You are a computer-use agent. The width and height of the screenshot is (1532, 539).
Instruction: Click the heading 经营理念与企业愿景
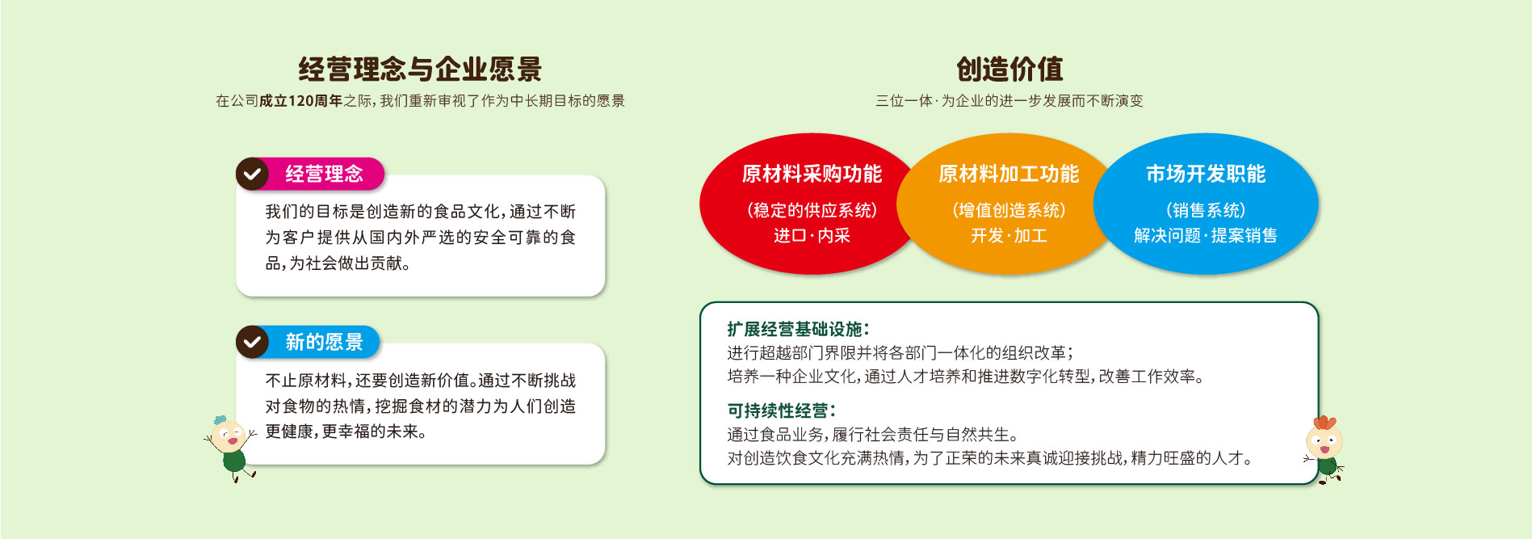pyautogui.click(x=420, y=69)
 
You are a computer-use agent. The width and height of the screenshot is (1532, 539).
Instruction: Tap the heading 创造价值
pyautogui.click(x=1009, y=69)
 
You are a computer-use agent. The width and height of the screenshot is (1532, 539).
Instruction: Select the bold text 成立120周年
pyautogui.click(x=300, y=101)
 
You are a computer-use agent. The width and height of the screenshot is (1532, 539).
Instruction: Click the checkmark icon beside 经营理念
pyautogui.click(x=252, y=174)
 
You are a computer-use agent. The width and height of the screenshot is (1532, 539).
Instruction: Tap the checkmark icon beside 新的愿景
pyautogui.click(x=252, y=342)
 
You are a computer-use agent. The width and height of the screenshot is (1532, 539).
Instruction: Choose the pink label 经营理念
pyautogui.click(x=324, y=174)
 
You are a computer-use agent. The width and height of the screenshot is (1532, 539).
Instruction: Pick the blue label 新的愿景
pyautogui.click(x=324, y=342)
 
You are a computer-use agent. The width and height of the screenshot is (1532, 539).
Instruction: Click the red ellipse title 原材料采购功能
pyautogui.click(x=812, y=174)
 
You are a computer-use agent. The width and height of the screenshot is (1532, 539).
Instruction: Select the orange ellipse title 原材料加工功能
pyautogui.click(x=1009, y=174)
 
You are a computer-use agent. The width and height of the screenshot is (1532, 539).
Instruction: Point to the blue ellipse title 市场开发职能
pyautogui.click(x=1206, y=174)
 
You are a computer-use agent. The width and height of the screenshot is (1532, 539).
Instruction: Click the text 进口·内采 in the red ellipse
pyautogui.click(x=812, y=236)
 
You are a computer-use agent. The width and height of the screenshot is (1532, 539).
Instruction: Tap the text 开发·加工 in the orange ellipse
pyautogui.click(x=1009, y=236)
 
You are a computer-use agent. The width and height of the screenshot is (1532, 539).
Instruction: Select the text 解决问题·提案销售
pyautogui.click(x=1206, y=236)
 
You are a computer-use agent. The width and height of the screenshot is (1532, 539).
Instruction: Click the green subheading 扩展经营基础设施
pyautogui.click(x=798, y=329)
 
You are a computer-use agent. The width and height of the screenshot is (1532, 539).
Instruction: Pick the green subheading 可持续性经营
pyautogui.click(x=781, y=411)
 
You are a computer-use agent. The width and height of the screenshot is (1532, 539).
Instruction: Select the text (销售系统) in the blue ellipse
pyautogui.click(x=1206, y=211)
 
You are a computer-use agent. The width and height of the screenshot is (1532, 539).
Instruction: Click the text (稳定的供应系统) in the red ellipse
pyautogui.click(x=812, y=211)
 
